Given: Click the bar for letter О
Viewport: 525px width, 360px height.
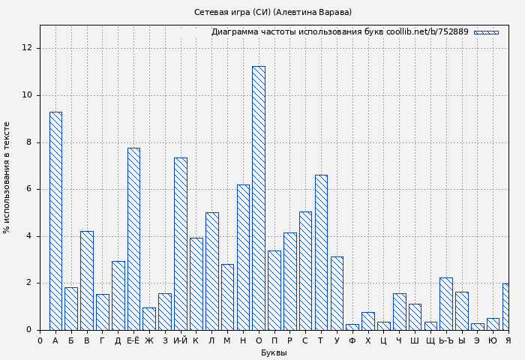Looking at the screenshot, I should point(258,198).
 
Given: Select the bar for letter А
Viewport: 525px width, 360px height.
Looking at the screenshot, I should point(55,220).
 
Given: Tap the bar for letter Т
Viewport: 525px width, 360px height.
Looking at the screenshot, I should point(321,252).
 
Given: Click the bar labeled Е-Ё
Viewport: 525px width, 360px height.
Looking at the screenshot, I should point(133,238).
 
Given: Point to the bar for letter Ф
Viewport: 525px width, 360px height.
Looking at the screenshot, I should point(352,327).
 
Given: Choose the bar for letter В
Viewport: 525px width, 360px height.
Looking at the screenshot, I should point(87,280).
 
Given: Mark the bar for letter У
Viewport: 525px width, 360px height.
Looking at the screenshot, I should point(337,293).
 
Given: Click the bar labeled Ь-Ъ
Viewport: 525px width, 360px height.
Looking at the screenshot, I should point(445,304).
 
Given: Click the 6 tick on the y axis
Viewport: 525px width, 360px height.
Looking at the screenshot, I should point(29,189).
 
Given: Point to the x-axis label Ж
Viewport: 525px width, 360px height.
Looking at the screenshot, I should point(149,341).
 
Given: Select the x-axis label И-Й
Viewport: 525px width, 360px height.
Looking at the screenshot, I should point(181,341).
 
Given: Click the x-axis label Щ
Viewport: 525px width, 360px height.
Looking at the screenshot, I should point(430,341).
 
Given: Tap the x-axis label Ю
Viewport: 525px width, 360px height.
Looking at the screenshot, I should point(493,341).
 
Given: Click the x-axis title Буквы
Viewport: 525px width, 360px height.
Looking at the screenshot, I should point(274,352).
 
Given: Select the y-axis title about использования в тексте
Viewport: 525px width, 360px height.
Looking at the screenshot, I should point(7,177).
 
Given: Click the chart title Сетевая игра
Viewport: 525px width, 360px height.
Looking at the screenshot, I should point(273,12).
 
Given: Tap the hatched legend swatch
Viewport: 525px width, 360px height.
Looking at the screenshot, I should point(486,32).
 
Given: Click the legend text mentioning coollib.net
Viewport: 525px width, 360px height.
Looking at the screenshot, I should point(340,32).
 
